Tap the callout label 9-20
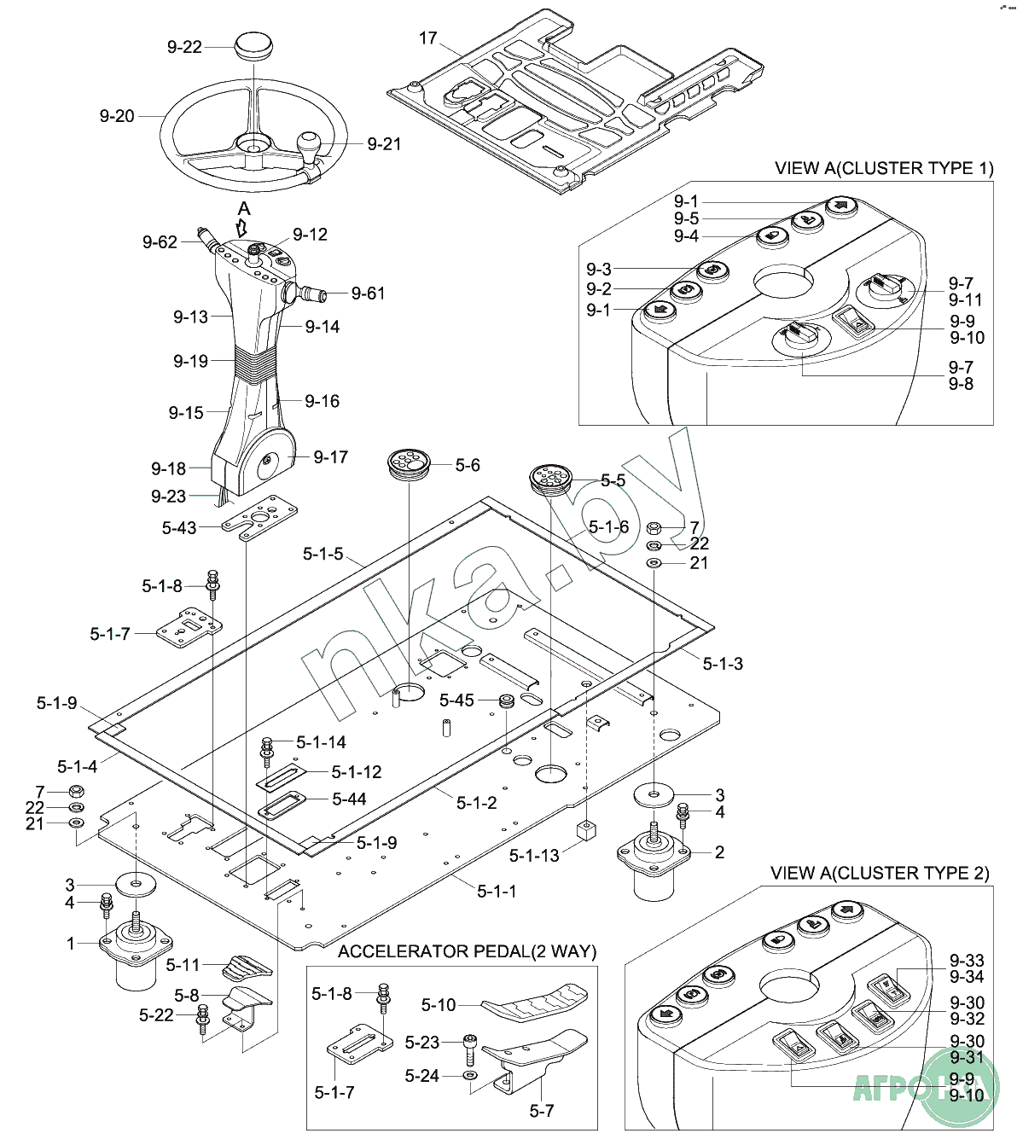117,116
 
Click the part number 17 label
427,38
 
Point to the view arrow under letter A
242,227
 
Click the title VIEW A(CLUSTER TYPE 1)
884,168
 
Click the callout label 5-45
456,700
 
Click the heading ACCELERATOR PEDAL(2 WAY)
467,951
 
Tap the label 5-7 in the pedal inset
542,1111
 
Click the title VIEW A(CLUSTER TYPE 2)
880,874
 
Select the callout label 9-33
966,961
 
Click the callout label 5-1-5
323,554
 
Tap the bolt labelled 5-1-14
267,747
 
